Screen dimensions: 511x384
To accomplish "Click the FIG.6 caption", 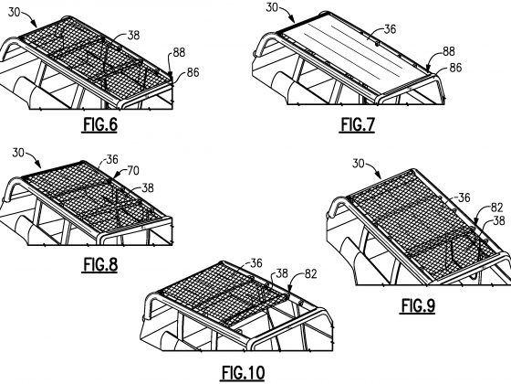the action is [100, 124].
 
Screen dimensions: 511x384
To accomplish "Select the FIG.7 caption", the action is [358, 124].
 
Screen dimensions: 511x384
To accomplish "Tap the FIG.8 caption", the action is [100, 264].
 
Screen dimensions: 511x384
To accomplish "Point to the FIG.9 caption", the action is [418, 306].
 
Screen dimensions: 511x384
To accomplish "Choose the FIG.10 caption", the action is [243, 373].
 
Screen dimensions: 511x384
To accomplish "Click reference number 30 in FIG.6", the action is [14, 12].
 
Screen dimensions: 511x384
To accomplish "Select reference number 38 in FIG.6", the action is [133, 35].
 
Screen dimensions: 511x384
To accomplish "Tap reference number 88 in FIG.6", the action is [179, 52].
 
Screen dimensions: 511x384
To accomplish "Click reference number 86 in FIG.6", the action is [193, 72].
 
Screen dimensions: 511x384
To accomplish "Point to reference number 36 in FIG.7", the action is [390, 29].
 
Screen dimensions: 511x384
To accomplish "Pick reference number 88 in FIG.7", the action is [449, 51].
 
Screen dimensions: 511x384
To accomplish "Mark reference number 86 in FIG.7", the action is [455, 68].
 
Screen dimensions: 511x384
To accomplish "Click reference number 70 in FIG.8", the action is [132, 170].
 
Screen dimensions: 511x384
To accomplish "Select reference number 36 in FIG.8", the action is [111, 159].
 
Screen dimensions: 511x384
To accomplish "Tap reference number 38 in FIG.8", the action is [148, 187].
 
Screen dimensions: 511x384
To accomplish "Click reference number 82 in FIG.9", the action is [497, 208].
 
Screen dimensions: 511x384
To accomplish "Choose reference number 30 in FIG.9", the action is [359, 163].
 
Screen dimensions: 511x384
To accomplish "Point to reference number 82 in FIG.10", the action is [310, 274].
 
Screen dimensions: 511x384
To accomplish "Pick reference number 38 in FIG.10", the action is [282, 273].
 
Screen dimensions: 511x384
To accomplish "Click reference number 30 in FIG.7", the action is [272, 7].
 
